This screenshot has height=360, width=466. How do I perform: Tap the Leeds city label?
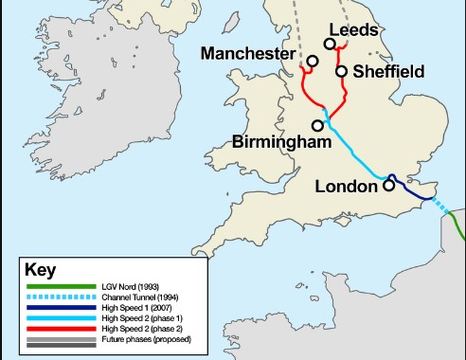click(353, 30)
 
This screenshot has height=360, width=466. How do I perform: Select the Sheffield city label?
click(388, 71)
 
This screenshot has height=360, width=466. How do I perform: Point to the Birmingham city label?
click(281, 142)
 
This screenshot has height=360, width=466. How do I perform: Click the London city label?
click(345, 187)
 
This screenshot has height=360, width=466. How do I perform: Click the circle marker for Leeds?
click(330, 44)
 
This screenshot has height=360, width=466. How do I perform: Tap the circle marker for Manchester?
click(312, 61)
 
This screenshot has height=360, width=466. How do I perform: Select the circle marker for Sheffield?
click(340, 71)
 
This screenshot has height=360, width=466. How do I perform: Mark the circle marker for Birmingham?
click(318, 125)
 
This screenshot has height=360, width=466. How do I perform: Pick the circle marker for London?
click(388, 187)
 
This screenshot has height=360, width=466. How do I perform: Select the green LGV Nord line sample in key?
click(60, 287)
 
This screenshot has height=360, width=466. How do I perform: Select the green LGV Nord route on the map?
click(457, 227)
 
